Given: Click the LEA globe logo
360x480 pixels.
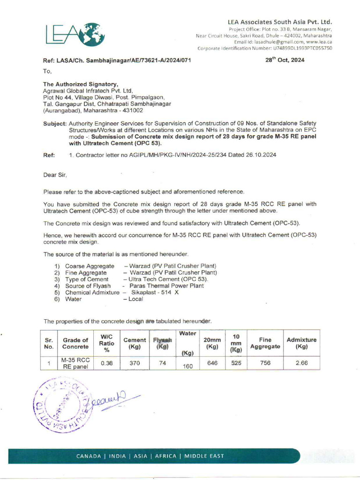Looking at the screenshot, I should point(75,34).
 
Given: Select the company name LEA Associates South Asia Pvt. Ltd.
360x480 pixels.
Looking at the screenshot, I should point(279,22).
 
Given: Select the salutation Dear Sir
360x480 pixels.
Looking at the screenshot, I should point(55,175).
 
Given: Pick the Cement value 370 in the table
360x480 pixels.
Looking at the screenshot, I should point(135,363).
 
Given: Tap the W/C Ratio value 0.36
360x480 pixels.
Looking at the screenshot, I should point(107,363).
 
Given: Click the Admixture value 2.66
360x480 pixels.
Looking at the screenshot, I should point(301,363).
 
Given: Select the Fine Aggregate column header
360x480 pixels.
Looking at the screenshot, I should point(265,343).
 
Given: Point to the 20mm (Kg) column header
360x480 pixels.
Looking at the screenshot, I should point(212,343).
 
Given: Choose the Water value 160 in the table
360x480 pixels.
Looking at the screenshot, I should point(188,367).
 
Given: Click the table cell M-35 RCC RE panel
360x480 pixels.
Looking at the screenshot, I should point(75,363).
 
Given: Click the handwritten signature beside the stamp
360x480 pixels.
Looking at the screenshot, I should point(113,402).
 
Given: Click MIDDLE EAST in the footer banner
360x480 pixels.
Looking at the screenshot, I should point(204,456).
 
